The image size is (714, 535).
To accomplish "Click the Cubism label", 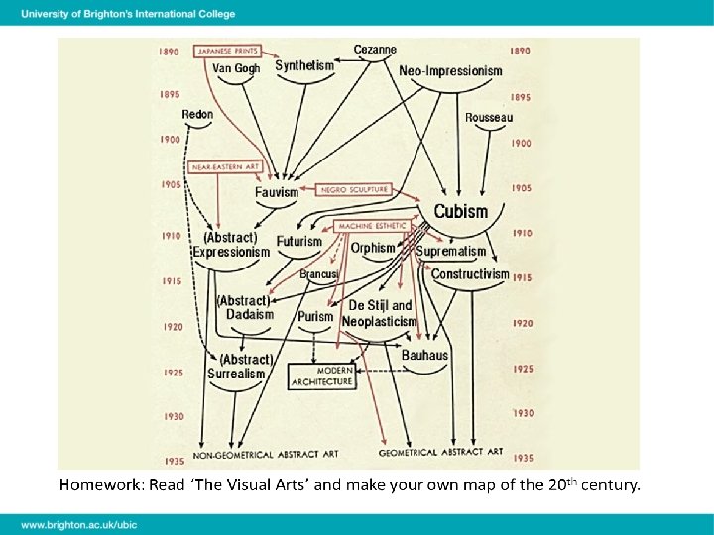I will (461, 211).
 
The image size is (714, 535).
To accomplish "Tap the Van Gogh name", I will (236, 68).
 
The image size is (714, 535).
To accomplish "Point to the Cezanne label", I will (375, 49).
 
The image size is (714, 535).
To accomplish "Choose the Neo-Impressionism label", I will (450, 71).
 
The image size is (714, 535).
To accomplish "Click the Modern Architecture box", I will (320, 375).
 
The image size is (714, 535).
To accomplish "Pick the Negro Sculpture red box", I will (354, 189).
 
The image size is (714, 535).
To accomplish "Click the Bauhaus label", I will (424, 355).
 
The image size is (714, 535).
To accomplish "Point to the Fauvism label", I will (276, 192).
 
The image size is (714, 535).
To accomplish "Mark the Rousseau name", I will (489, 118).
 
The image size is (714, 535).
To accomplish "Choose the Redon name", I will (197, 115).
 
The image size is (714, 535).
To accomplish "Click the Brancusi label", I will (319, 273).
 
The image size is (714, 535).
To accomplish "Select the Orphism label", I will (372, 248).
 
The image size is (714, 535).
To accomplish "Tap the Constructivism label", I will (470, 274).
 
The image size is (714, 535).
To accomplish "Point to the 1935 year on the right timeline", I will (523, 458).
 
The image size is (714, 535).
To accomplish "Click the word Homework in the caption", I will (101, 485).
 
